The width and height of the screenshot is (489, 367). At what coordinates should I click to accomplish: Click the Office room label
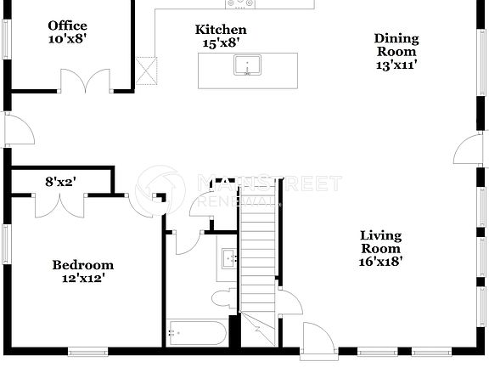click(67, 25)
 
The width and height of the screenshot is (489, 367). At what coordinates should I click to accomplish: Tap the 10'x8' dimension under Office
click(67, 39)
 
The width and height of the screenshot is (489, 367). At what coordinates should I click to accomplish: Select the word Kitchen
click(221, 30)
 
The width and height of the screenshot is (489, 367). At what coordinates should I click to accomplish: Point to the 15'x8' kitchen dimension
click(221, 42)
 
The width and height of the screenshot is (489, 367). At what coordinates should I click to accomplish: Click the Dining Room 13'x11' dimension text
click(396, 64)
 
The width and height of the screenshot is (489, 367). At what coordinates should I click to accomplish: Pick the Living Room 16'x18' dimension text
click(380, 262)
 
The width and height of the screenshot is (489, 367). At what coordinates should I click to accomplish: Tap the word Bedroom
click(82, 264)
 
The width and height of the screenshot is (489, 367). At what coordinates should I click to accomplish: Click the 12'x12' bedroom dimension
click(82, 277)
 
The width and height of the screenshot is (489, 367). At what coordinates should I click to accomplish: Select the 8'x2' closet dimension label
click(60, 180)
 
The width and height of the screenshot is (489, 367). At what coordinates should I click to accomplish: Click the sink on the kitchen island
click(248, 65)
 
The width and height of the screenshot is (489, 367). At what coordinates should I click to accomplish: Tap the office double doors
click(84, 82)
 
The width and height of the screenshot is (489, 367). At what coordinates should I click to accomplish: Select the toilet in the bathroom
click(223, 296)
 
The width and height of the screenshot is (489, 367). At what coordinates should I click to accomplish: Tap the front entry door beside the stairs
click(316, 339)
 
